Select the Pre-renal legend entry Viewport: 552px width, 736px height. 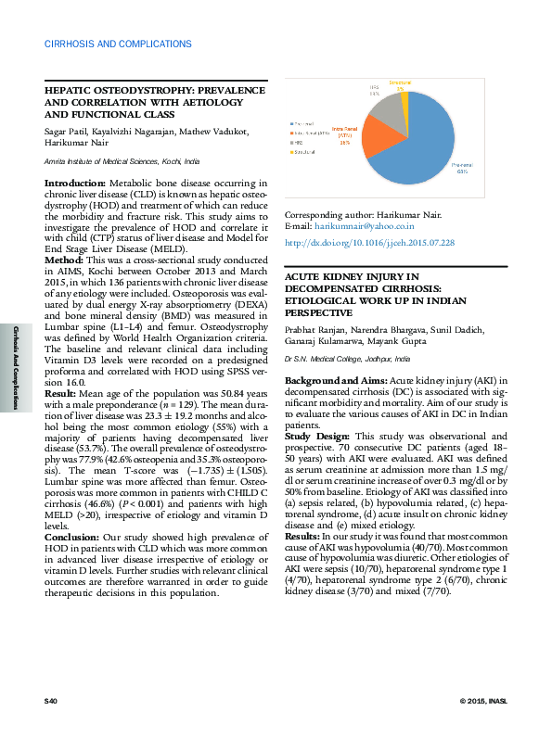[x=303, y=122]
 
